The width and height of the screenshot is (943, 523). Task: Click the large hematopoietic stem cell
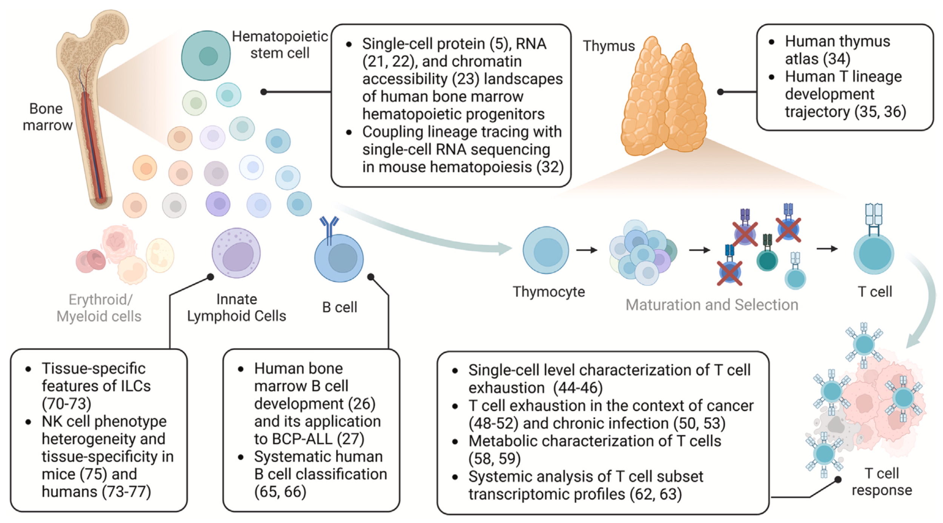(206, 55)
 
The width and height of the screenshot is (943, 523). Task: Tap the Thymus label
(609, 46)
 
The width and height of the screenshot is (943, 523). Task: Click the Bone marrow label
(47, 117)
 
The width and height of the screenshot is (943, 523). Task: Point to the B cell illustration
(339, 258)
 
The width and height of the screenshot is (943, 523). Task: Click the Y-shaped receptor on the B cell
(329, 226)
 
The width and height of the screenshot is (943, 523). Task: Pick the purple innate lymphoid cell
(236, 253)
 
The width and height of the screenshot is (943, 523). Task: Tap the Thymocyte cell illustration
(545, 250)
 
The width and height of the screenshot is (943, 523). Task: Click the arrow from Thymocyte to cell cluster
(587, 250)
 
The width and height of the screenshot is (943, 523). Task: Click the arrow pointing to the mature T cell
(827, 249)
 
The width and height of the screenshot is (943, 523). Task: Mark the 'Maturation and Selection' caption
(712, 305)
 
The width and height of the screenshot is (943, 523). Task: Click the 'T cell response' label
(882, 482)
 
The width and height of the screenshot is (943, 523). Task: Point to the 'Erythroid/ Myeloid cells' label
(99, 308)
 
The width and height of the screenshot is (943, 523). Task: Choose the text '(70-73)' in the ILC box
(66, 403)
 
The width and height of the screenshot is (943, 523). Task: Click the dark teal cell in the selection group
(767, 260)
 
